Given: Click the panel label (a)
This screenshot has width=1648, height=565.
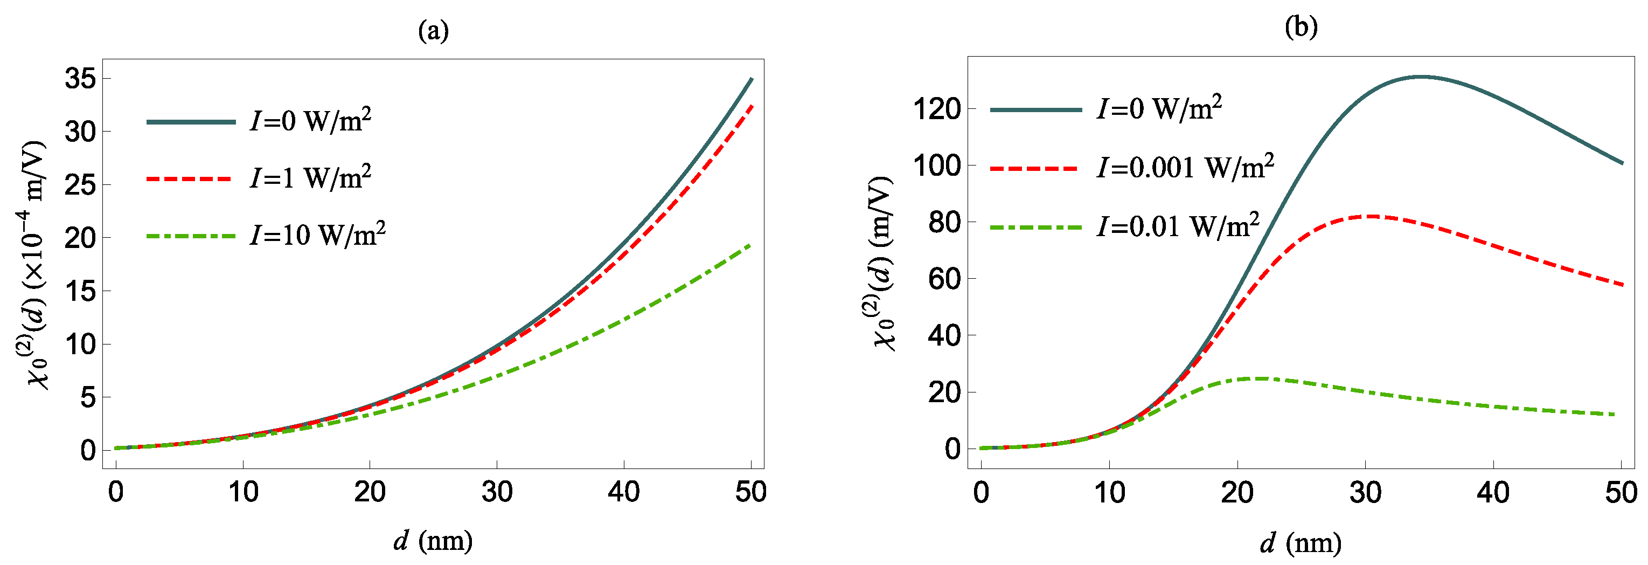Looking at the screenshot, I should [x=433, y=30].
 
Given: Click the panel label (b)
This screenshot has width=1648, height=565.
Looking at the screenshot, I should [x=1301, y=27].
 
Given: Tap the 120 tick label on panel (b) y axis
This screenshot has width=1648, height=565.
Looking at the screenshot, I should [x=937, y=109].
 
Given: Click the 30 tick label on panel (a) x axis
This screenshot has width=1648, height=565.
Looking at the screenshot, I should [x=497, y=492].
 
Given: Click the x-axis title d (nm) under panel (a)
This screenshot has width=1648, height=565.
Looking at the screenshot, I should [x=433, y=541].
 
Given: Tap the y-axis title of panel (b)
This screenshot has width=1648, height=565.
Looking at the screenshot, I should [x=881, y=263].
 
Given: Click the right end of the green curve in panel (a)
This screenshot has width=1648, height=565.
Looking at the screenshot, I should [x=750, y=244].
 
